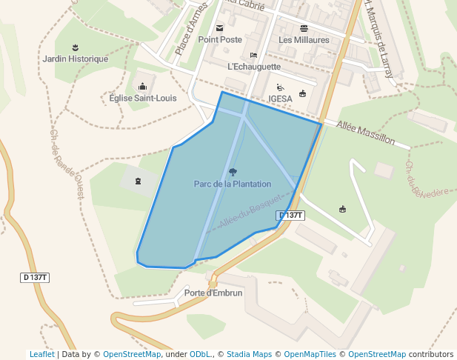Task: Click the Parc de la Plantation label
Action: [x=233, y=184]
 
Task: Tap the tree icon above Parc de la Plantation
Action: [x=233, y=172]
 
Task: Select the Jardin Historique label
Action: [x=76, y=59]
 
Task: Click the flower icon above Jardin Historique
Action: [x=75, y=47]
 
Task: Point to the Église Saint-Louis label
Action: [x=142, y=98]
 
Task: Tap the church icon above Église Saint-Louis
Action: [x=142, y=86]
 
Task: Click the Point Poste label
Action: [x=220, y=39]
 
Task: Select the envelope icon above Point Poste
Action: [x=219, y=27]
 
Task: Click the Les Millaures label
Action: [x=304, y=39]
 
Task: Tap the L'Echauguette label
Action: [x=254, y=66]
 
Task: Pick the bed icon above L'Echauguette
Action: [x=254, y=55]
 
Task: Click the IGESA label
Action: [x=281, y=99]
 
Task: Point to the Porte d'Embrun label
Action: [x=213, y=293]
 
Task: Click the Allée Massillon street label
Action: [x=365, y=133]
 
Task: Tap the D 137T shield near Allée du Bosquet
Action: [x=291, y=215]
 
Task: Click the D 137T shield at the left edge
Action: [x=35, y=277]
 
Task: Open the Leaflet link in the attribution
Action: [x=41, y=354]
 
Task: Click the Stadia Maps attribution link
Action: [x=249, y=354]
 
